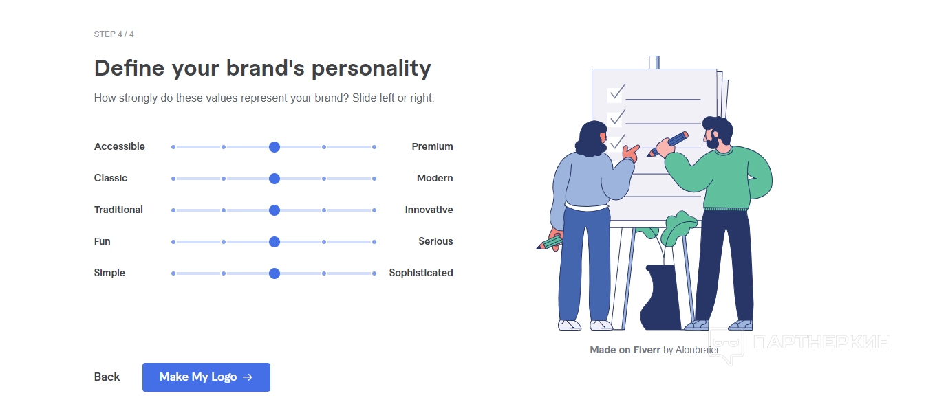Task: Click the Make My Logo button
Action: pos(206,377)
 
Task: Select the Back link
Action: pos(107,377)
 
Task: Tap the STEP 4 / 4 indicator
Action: pos(114,34)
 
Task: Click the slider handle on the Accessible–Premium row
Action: pos(274,147)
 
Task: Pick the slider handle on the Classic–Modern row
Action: pos(274,179)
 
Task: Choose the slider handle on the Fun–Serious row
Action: pos(274,242)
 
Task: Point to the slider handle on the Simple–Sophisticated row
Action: pos(274,273)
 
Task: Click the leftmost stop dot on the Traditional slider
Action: pos(173,210)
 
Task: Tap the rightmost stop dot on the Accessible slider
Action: pos(374,147)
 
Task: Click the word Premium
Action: pos(432,146)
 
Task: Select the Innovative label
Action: pos(429,210)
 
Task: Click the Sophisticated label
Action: pos(421,273)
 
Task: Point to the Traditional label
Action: pos(118,210)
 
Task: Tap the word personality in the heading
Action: pos(372,69)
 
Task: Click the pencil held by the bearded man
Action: pos(667,144)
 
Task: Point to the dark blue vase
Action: pos(661,297)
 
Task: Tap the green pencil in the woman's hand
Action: pos(550,243)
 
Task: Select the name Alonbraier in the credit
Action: pos(698,350)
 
